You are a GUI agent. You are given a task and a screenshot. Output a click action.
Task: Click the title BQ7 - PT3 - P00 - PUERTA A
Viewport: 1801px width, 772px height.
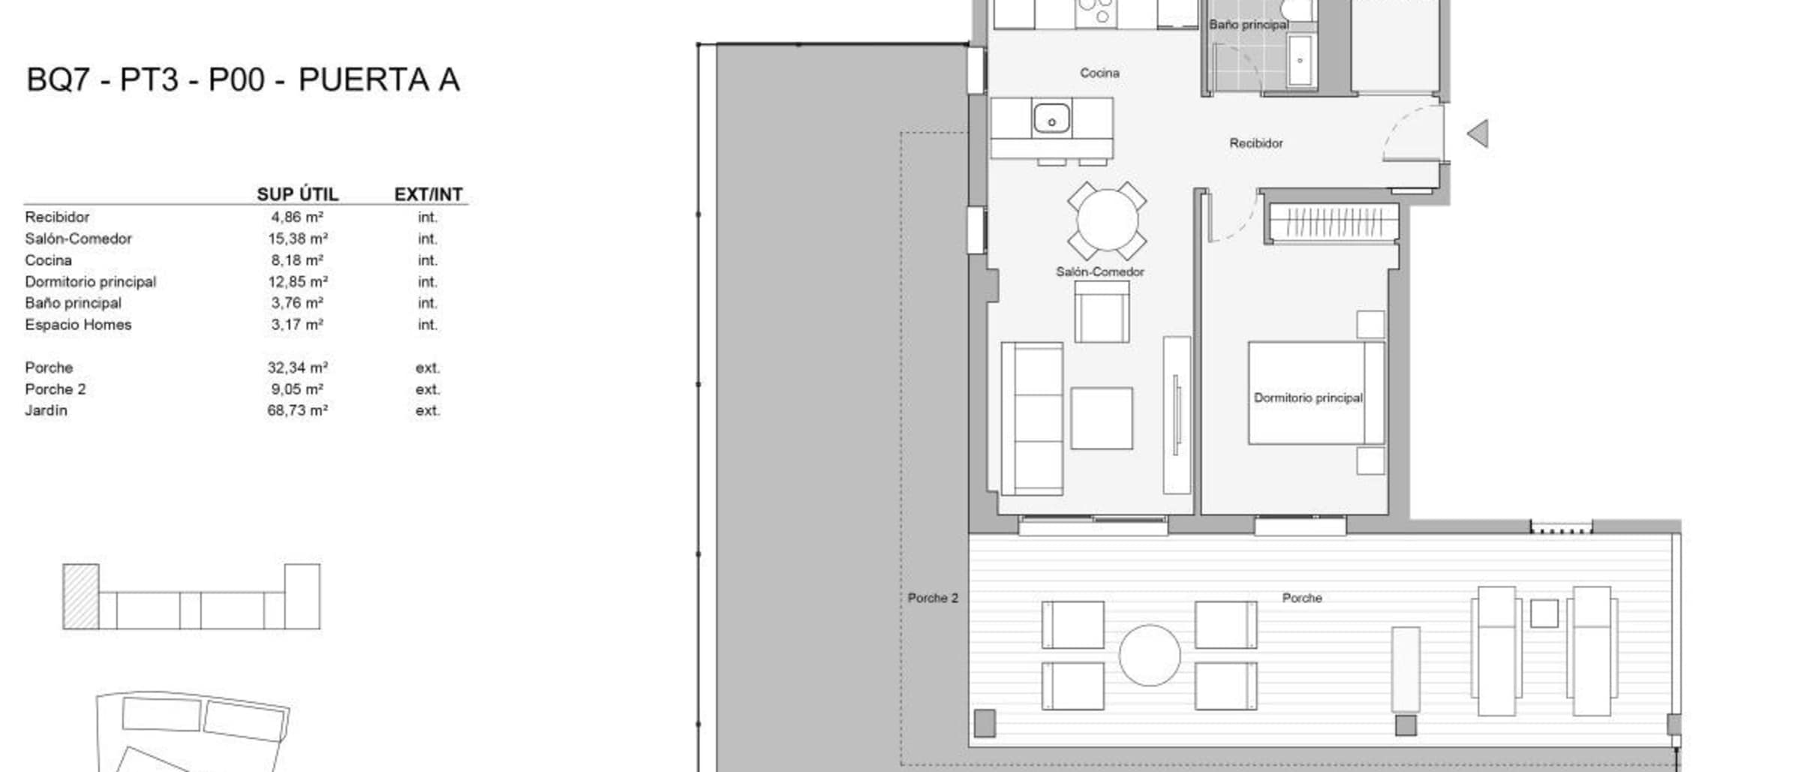pyautogui.click(x=243, y=80)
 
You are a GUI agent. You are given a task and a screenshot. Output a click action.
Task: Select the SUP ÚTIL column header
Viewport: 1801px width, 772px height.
pyautogui.click(x=297, y=194)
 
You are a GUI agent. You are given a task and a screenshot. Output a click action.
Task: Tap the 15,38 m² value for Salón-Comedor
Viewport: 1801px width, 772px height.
pyautogui.click(x=297, y=239)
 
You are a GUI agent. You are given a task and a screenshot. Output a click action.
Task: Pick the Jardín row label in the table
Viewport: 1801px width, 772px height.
pyautogui.click(x=46, y=410)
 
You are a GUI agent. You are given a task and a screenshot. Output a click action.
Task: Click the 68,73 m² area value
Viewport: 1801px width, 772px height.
pyautogui.click(x=297, y=410)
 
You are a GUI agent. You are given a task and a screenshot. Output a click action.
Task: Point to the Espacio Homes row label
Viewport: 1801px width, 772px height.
pyautogui.click(x=78, y=325)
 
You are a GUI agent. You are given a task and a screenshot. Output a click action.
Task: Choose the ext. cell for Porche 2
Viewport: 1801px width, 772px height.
pyautogui.click(x=428, y=389)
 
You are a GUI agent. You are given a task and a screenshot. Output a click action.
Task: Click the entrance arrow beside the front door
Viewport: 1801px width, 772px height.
pyautogui.click(x=1478, y=134)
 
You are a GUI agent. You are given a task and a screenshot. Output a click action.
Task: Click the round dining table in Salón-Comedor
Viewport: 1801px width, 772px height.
pyautogui.click(x=1107, y=221)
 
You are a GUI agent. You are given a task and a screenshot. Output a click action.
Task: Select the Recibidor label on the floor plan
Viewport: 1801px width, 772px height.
pyautogui.click(x=1255, y=143)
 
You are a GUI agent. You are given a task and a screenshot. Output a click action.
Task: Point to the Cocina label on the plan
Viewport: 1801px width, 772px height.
pyautogui.click(x=1099, y=73)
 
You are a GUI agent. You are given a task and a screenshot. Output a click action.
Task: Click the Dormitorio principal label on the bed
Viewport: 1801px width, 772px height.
pyautogui.click(x=1308, y=398)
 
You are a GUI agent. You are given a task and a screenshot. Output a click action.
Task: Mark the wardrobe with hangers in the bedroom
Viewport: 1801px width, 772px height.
pyautogui.click(x=1333, y=223)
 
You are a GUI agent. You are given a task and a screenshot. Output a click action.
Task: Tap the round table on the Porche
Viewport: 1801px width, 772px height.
pyautogui.click(x=1149, y=655)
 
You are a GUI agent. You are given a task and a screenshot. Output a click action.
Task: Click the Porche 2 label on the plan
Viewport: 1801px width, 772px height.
pyautogui.click(x=933, y=598)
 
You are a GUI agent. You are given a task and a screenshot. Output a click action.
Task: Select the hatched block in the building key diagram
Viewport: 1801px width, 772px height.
pyautogui.click(x=80, y=596)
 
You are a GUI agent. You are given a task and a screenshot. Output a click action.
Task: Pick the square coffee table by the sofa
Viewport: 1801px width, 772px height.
pyautogui.click(x=1101, y=418)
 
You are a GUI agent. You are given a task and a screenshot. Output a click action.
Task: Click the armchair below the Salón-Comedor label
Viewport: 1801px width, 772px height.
pyautogui.click(x=1102, y=311)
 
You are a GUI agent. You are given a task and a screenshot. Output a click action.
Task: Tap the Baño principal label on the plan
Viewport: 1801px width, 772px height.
pyautogui.click(x=1249, y=25)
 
